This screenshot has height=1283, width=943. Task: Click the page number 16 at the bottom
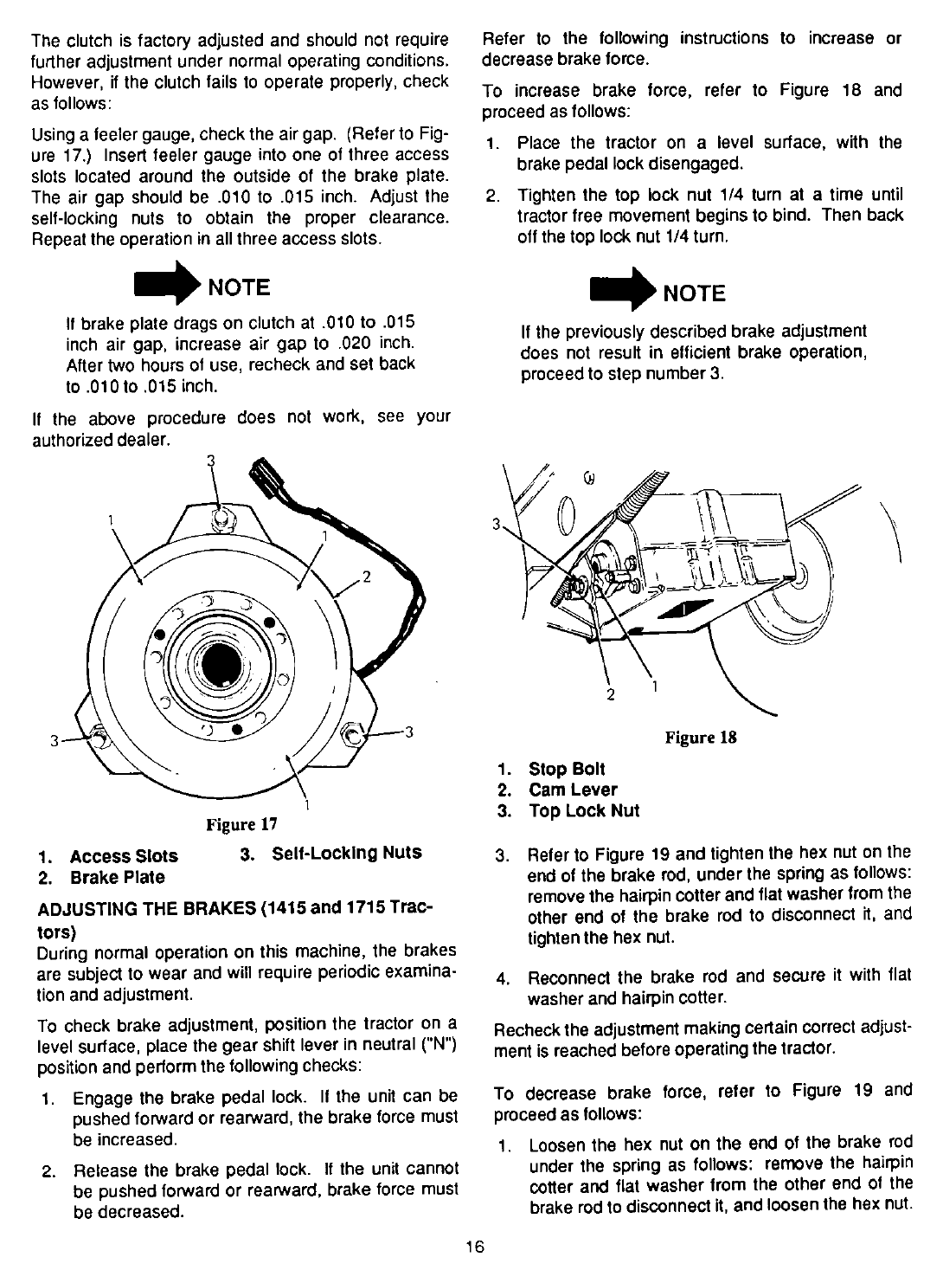click(471, 1248)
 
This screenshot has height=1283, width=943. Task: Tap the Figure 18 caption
click(700, 738)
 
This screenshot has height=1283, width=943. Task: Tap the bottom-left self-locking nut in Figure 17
click(98, 738)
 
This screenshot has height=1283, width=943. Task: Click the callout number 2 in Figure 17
click(366, 577)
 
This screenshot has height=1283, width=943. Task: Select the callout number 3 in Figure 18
click(496, 525)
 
